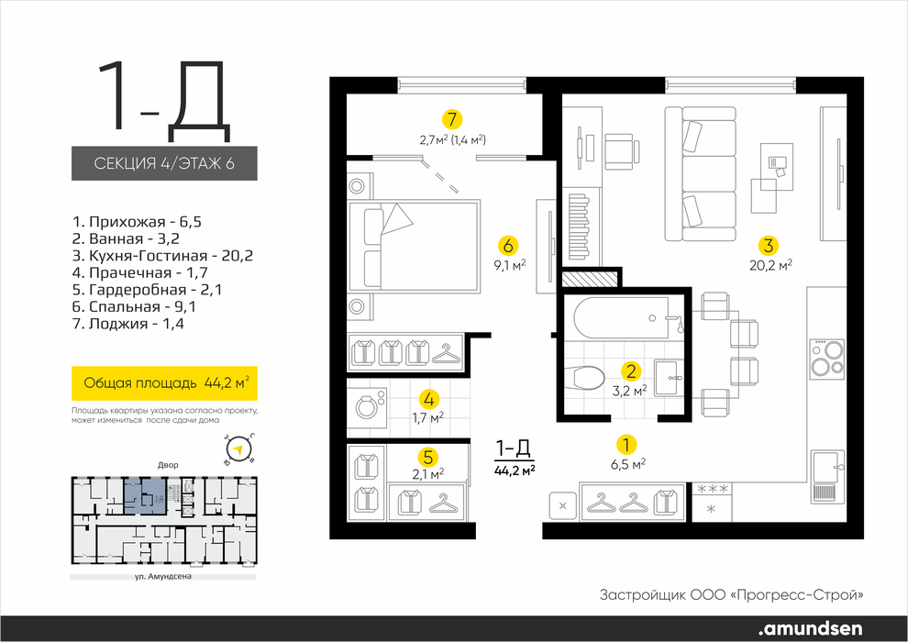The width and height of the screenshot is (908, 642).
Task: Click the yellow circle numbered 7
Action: (x=452, y=120)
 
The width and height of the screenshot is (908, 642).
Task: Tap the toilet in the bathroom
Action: (x=586, y=378)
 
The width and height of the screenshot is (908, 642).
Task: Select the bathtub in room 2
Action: (x=621, y=318)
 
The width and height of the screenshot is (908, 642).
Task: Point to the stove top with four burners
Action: (x=826, y=359)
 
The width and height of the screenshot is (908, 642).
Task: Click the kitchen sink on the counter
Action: (x=826, y=476)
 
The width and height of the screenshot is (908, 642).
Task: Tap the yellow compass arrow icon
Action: (x=238, y=449)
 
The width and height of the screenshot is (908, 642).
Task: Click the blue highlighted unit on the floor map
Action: (x=145, y=496)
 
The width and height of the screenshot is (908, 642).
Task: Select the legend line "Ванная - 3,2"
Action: (x=129, y=238)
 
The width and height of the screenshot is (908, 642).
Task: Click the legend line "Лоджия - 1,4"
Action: (x=128, y=324)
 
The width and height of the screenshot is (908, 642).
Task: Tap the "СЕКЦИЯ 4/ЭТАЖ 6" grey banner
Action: (x=164, y=163)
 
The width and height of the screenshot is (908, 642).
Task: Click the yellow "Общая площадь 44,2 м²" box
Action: (x=164, y=383)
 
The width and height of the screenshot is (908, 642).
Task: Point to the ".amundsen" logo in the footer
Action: (x=810, y=628)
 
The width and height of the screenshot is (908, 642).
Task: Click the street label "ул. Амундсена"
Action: (x=162, y=577)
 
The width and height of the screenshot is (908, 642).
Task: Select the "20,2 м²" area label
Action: (x=768, y=265)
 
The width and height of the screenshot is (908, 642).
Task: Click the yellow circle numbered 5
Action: (x=428, y=458)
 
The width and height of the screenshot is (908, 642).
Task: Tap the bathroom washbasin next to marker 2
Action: (x=669, y=378)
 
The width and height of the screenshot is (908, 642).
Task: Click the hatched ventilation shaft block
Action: (x=589, y=279)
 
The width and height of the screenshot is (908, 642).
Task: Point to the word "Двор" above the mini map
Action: (x=168, y=465)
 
